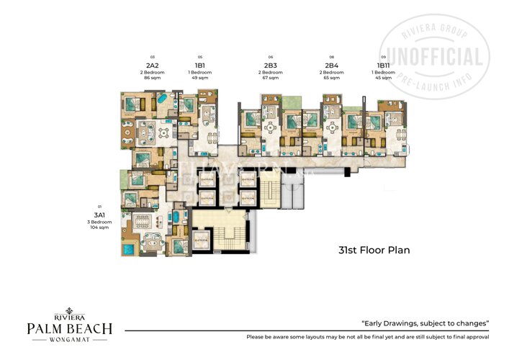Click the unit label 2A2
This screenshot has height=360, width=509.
pos(153,65)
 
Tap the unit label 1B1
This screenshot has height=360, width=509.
pos(200,65)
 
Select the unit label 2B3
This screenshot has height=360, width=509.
pos(271,65)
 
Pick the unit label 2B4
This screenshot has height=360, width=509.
pos(332,65)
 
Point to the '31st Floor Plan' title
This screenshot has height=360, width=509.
pos(374,251)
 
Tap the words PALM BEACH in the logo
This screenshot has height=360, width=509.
pos(70,329)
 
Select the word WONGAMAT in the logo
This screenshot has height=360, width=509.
pos(70,342)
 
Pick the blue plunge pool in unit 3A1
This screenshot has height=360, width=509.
pos(129,249)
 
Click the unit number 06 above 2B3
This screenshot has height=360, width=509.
pos(271,56)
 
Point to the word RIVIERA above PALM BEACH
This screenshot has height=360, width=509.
pos(70,316)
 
